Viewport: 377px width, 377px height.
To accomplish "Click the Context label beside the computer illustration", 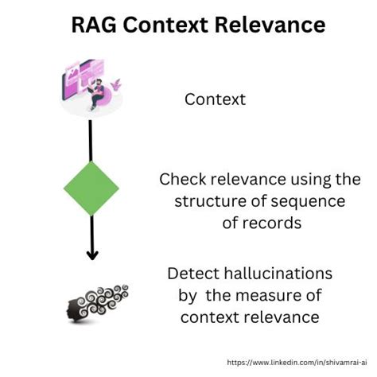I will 215,99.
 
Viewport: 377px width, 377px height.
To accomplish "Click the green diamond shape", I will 91,188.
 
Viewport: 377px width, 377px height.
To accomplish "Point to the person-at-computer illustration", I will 90,85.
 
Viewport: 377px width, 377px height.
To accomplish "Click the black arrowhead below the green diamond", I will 92,255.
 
